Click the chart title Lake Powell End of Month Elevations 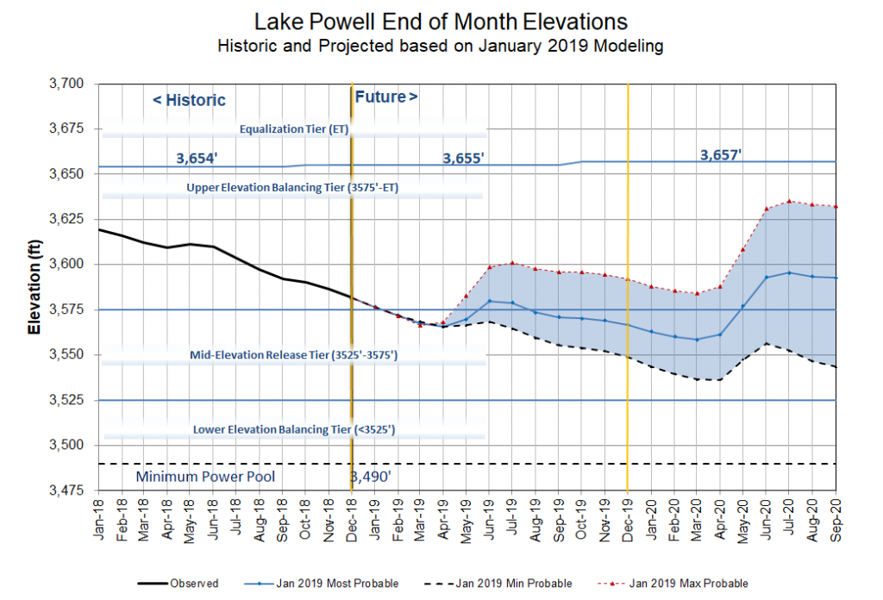point(441,21)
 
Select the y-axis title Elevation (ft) point(34,289)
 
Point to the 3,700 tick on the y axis point(68,84)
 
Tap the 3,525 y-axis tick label point(68,400)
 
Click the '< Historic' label point(189,100)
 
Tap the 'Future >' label point(386,97)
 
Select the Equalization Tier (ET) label point(293,130)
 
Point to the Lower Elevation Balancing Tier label point(294,429)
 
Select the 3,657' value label point(721,155)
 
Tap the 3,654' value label point(199,159)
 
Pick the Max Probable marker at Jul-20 point(789,201)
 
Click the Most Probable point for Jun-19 point(490,301)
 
